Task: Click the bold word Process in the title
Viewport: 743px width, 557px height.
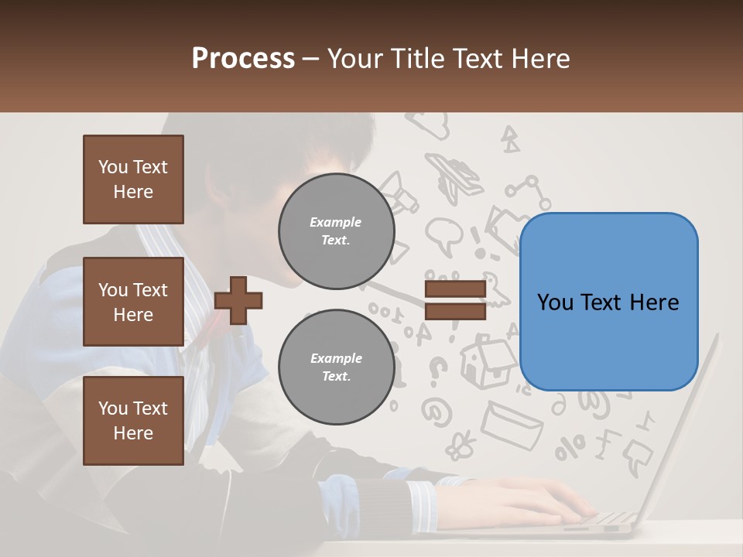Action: point(243,59)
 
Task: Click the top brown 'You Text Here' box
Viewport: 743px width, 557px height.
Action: point(133,179)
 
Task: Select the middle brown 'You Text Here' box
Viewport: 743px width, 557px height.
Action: point(133,302)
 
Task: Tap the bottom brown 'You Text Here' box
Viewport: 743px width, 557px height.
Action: point(133,421)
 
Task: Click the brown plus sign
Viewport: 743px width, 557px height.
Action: point(238,300)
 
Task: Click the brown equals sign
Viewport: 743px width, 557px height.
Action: point(455,300)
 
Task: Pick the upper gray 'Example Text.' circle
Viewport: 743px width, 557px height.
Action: point(336,231)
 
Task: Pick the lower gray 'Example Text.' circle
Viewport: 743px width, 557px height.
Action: point(336,367)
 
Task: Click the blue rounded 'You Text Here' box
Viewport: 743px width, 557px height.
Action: point(608,302)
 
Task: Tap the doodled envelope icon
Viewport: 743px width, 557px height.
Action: point(510,422)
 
